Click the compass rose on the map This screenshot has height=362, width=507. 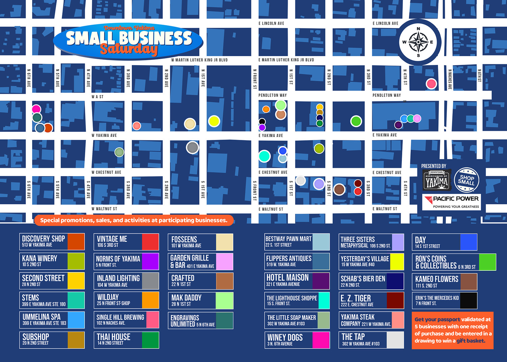coord(418,42)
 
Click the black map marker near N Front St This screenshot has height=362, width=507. coord(262,121)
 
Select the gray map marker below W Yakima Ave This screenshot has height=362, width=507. coord(192,147)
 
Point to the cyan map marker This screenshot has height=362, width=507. coord(264,156)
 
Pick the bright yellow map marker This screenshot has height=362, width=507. coord(214,121)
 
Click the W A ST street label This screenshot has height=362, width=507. coord(97,97)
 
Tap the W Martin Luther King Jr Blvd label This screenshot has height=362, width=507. coord(199,60)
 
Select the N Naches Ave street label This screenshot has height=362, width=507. coord(450,79)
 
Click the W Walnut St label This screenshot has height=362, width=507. coord(104,209)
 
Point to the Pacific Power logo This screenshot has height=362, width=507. coord(452,202)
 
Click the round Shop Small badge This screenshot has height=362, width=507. coord(466,179)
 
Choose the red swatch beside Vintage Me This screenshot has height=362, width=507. coord(150,242)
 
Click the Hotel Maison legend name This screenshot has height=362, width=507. coord(287,278)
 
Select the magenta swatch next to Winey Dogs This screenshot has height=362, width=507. coord(321,340)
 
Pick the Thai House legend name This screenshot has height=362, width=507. coord(114,337)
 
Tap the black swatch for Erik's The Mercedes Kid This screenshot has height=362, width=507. coord(468,300)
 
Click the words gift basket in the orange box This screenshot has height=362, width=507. coord(470,341)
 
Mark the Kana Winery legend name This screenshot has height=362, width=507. coord(40,259)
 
